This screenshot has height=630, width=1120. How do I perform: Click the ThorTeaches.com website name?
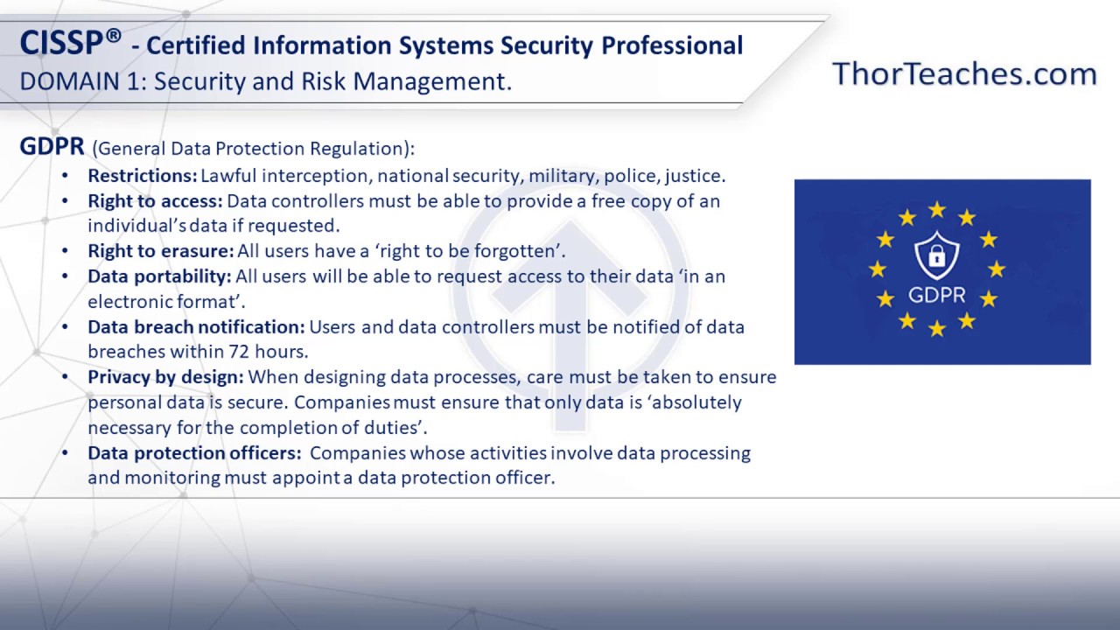tap(964, 73)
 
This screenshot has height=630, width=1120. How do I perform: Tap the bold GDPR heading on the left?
tap(52, 146)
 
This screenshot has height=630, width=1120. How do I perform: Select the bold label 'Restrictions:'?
tap(142, 175)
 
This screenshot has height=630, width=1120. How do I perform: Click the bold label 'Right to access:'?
tap(155, 200)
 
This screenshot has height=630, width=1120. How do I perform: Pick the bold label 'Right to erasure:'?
tap(160, 251)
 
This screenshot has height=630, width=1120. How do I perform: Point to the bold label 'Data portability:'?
tap(159, 276)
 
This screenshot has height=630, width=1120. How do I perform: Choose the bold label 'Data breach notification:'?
tap(196, 326)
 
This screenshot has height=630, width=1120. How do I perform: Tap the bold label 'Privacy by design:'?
tap(165, 377)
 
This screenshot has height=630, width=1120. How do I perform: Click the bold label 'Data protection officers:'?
tap(193, 452)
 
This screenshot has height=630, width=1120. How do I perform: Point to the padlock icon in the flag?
tap(936, 256)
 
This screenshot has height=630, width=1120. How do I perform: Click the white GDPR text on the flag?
tap(936, 295)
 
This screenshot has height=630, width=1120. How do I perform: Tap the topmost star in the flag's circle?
tap(936, 209)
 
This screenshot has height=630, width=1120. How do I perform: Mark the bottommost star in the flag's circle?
tap(936, 328)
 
